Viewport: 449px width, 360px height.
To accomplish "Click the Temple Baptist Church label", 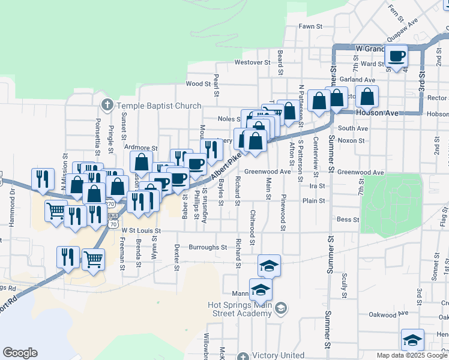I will coord(159,106).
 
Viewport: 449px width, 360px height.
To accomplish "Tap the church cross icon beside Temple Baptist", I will coord(107,106).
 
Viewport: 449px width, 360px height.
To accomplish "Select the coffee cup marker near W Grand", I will coord(396,57).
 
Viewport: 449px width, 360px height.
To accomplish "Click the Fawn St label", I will coord(311,26).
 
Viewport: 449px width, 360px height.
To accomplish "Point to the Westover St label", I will coord(249,62).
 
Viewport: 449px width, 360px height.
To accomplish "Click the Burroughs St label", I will coord(208,247).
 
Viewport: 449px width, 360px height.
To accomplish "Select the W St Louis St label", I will coord(142,230).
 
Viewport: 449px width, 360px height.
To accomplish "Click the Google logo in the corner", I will coord(20,353).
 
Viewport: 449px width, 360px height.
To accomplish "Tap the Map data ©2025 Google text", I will coord(412,355).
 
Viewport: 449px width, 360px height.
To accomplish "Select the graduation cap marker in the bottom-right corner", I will coord(412,340).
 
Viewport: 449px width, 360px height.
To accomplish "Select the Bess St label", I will coord(348,220).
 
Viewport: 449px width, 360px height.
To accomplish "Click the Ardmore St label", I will coord(140,148).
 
